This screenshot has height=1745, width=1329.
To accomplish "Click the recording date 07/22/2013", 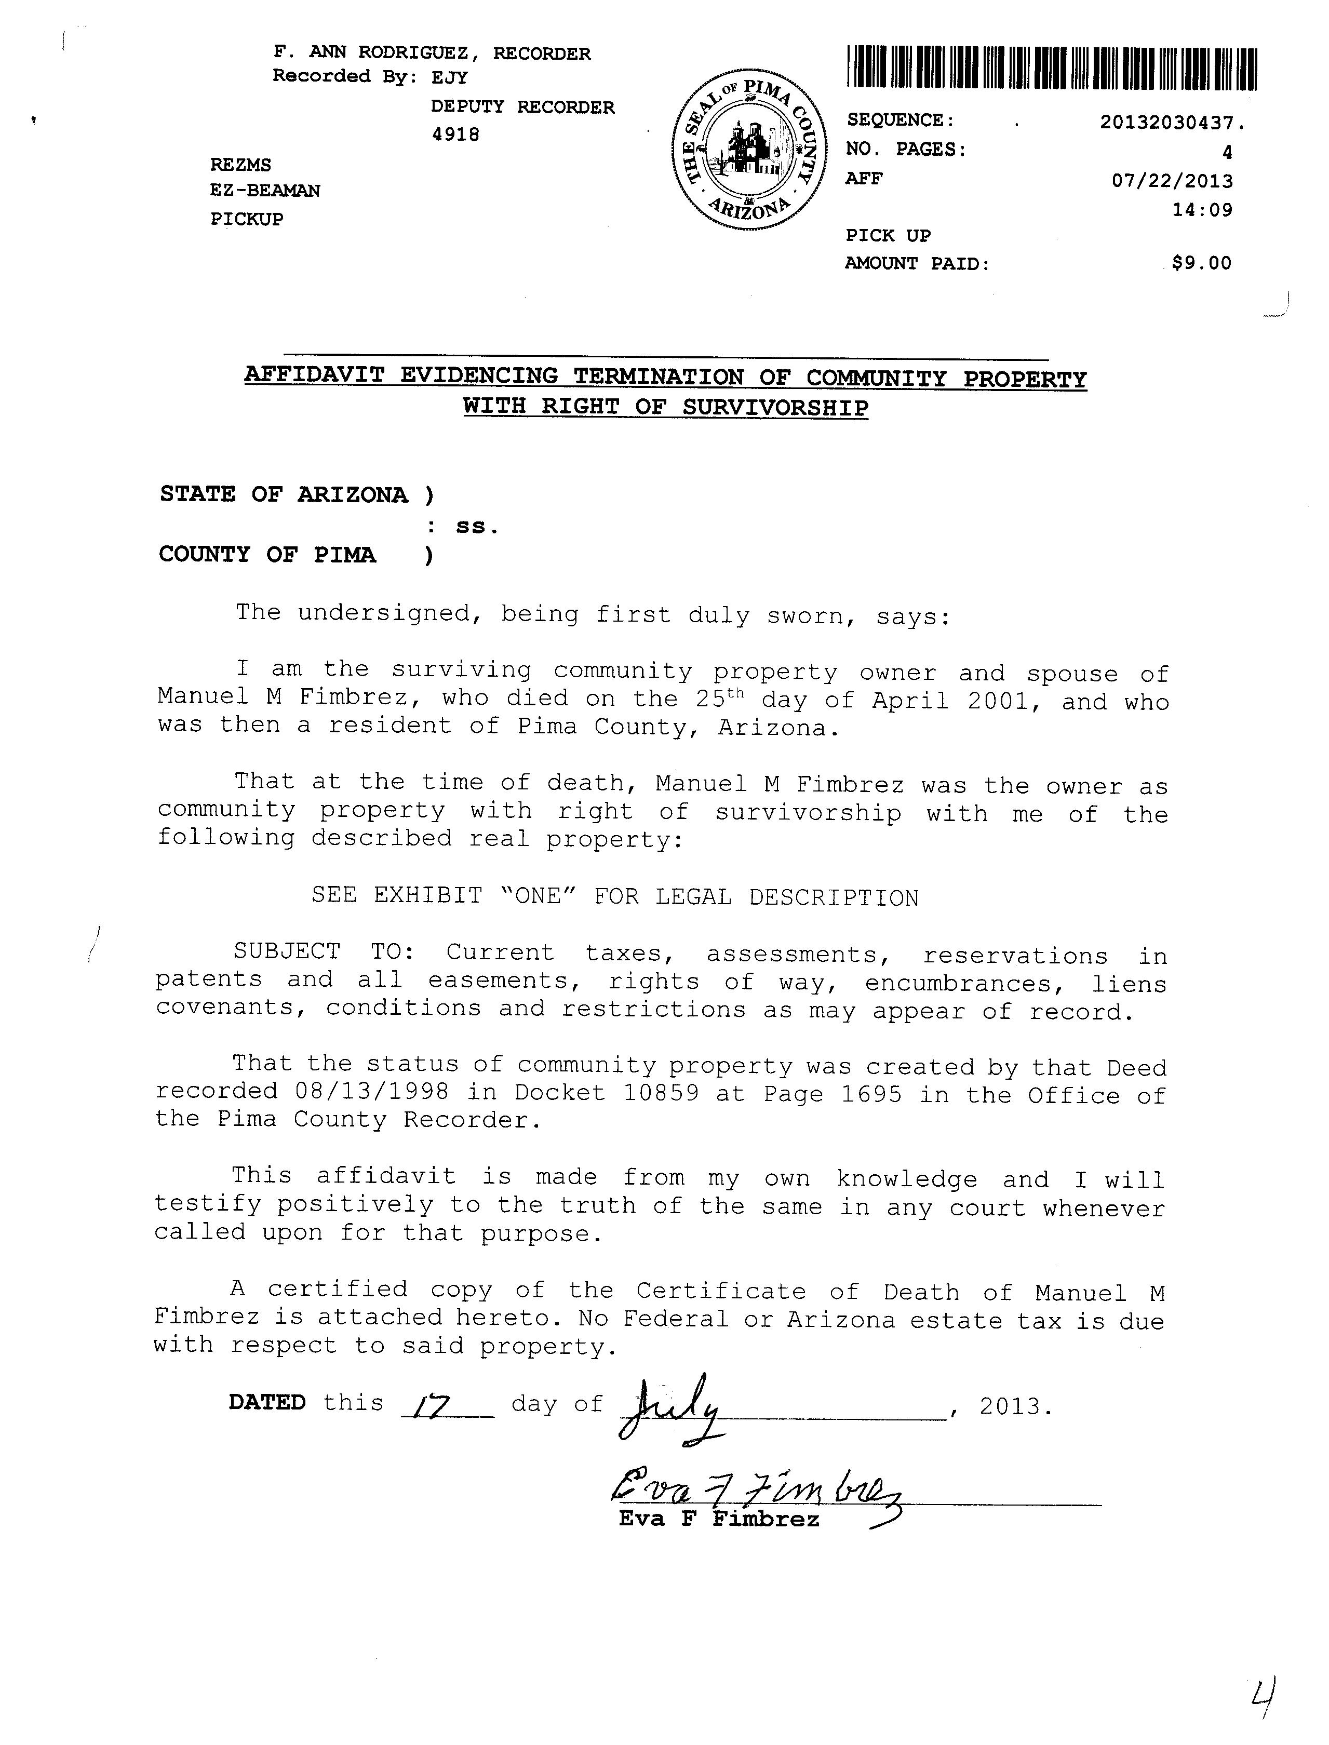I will [x=1172, y=181].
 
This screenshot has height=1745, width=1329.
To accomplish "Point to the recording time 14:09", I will [x=1202, y=210].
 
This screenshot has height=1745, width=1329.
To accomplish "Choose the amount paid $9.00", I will [x=1201, y=263].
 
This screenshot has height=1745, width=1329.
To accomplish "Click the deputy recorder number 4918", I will [x=455, y=135].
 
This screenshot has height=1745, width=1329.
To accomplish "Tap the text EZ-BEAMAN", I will [x=264, y=191].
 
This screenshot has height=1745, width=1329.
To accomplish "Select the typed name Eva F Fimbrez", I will [x=718, y=1519].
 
